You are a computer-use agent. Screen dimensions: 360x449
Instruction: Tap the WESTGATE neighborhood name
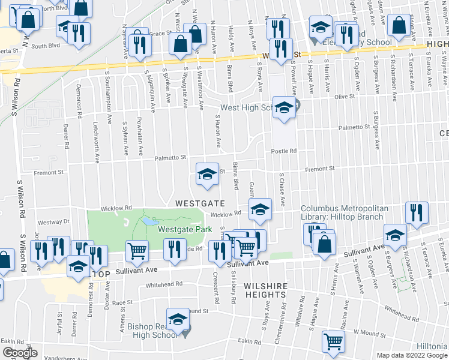200,204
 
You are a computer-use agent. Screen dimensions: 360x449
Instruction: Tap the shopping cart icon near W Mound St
334,341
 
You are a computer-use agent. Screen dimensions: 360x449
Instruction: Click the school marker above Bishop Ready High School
177,321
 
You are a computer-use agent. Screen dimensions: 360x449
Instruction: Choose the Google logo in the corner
20,353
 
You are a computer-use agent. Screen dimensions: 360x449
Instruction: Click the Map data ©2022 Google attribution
412,355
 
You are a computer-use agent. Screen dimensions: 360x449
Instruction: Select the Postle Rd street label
284,151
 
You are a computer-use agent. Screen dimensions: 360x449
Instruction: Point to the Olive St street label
345,96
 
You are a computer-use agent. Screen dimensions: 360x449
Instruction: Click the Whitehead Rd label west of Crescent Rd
164,284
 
